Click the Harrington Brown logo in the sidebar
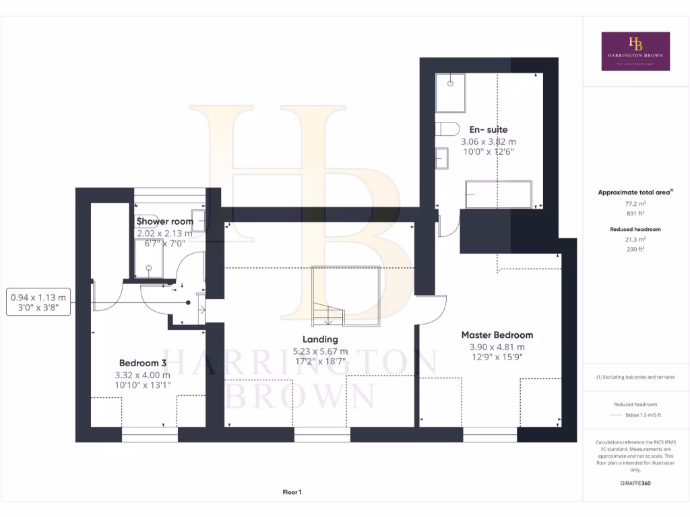click(x=635, y=51)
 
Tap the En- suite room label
click(x=489, y=129)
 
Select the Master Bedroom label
click(x=497, y=335)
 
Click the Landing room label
click(x=320, y=339)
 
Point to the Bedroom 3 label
click(x=142, y=362)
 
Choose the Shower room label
click(x=164, y=221)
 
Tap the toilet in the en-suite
click(x=447, y=128)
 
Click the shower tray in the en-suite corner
click(x=450, y=93)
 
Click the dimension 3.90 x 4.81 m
click(x=497, y=347)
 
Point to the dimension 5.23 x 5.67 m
click(x=320, y=351)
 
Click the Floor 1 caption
click(x=292, y=493)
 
